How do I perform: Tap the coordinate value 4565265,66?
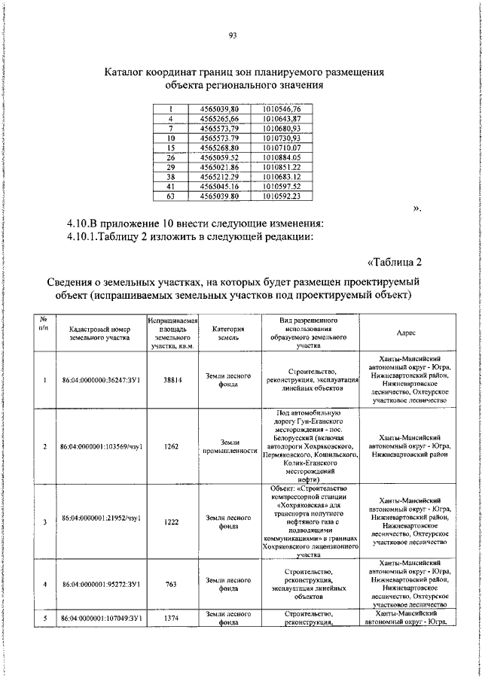point(219,120)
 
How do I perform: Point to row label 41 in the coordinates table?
point(171,187)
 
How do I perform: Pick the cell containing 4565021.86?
point(219,167)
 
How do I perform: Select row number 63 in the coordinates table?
point(171,196)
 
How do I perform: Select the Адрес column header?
point(410,333)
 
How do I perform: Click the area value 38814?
point(172,380)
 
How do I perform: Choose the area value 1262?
point(172,446)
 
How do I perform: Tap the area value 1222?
point(172,521)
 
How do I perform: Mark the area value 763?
point(172,583)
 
